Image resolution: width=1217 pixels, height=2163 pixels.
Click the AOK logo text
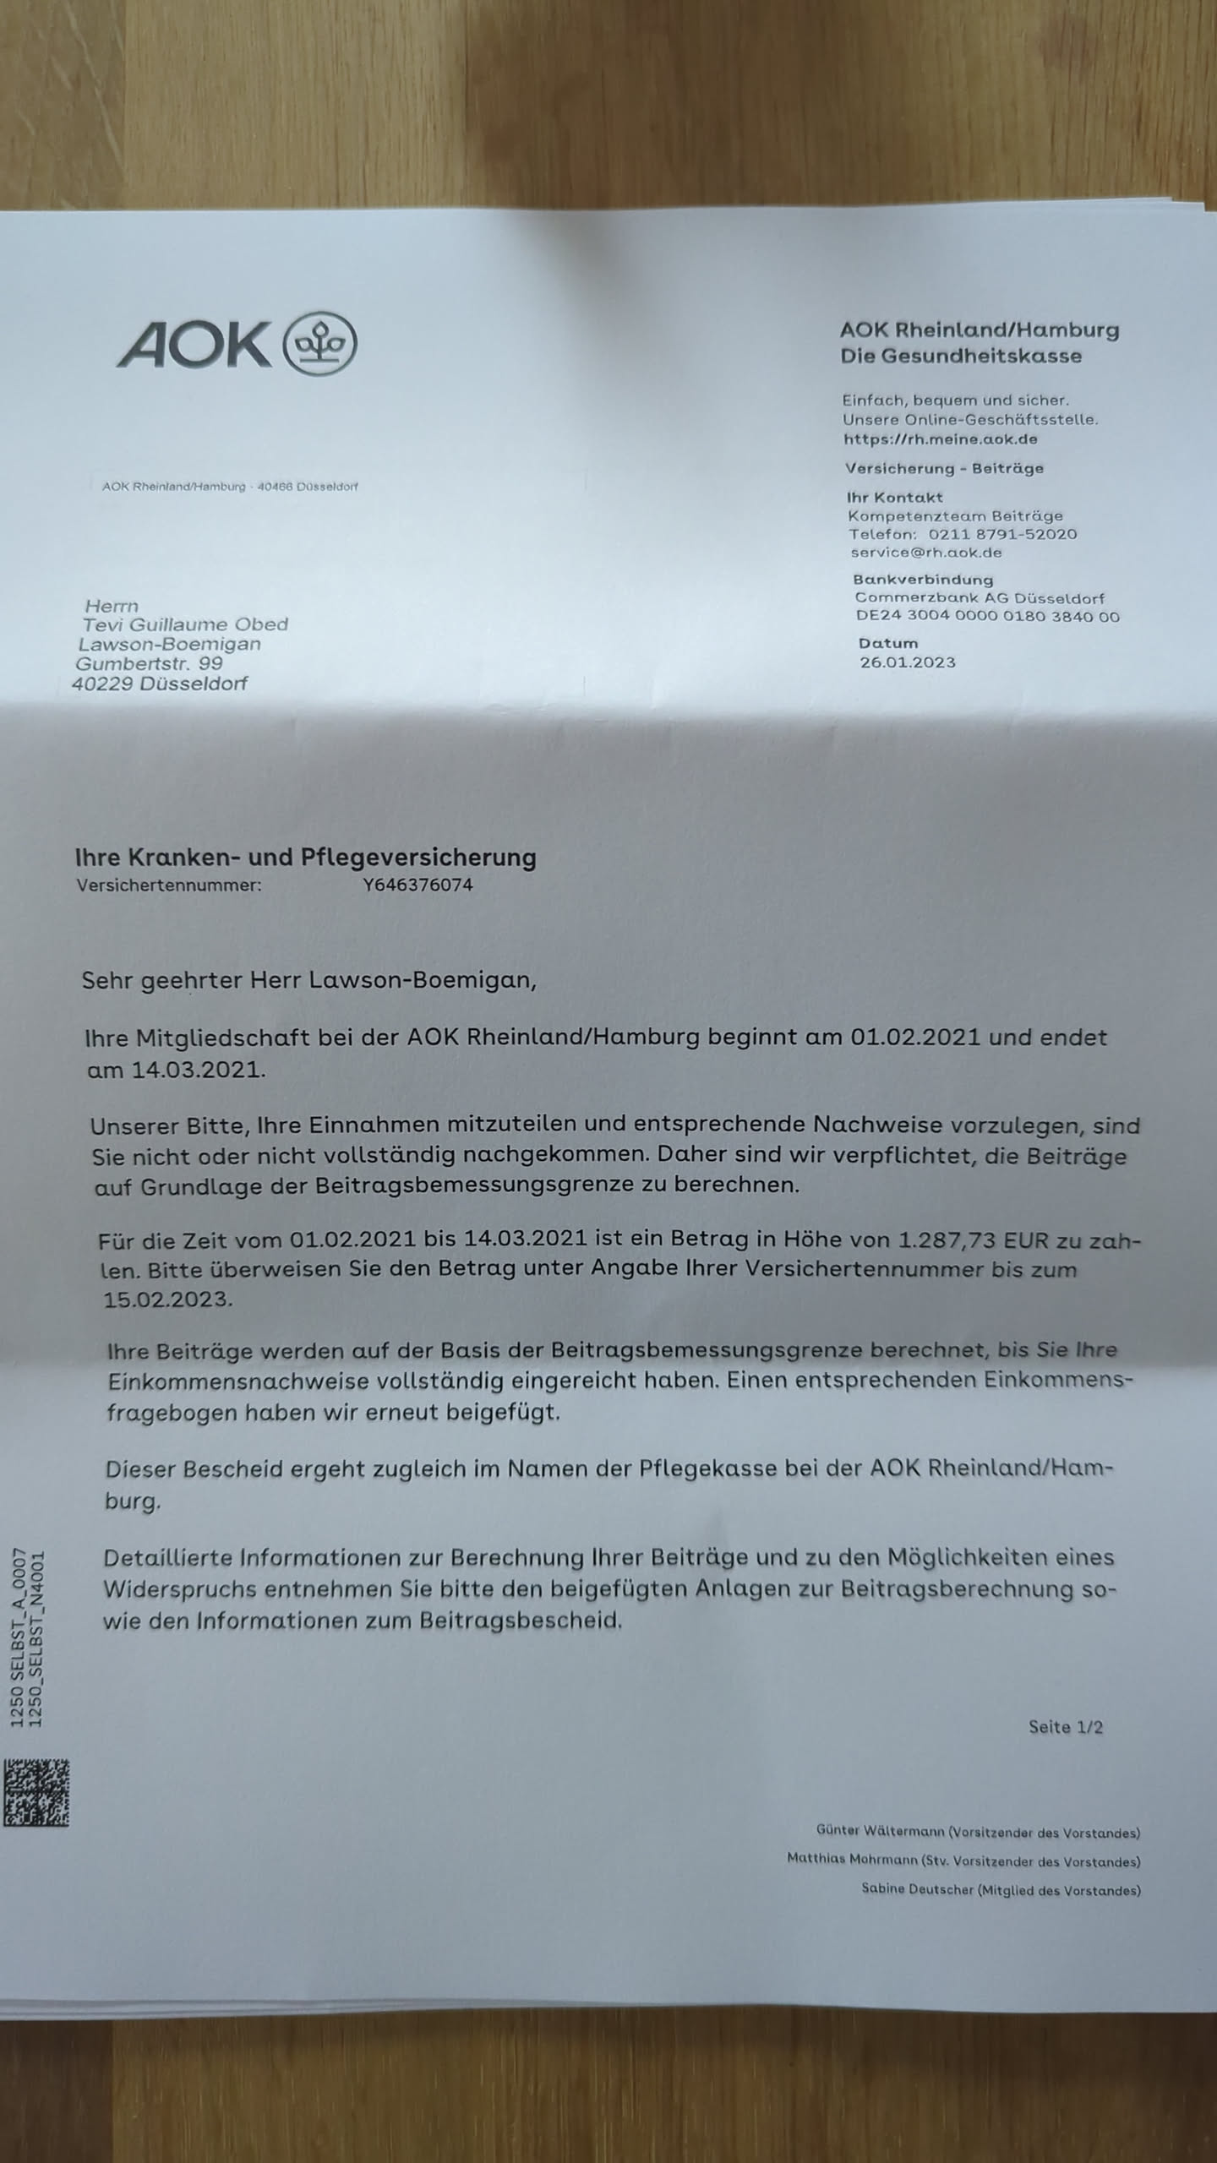pos(194,345)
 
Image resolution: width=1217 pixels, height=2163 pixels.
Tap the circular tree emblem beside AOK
pos(324,343)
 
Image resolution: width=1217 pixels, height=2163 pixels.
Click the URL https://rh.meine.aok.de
pos(940,439)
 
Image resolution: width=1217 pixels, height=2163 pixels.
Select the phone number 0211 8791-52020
pos(1002,534)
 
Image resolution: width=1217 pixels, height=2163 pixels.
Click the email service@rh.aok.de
pos(926,553)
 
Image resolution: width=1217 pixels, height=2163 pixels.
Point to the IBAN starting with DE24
pos(987,617)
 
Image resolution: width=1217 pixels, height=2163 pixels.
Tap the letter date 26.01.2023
pos(908,662)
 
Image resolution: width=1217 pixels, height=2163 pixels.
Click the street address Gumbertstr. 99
pos(150,663)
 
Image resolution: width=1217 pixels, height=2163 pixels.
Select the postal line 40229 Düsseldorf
pos(160,684)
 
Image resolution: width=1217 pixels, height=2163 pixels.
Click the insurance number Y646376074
pos(417,885)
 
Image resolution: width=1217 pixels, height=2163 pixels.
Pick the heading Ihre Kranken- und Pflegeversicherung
pos(306,858)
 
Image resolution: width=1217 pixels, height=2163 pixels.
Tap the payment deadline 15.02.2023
pos(167,1299)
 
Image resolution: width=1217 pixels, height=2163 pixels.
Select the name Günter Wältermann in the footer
pos(880,1831)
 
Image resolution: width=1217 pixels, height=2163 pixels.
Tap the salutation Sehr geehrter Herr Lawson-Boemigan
pos(308,981)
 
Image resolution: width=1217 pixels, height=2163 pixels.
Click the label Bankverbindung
pos(923,580)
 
